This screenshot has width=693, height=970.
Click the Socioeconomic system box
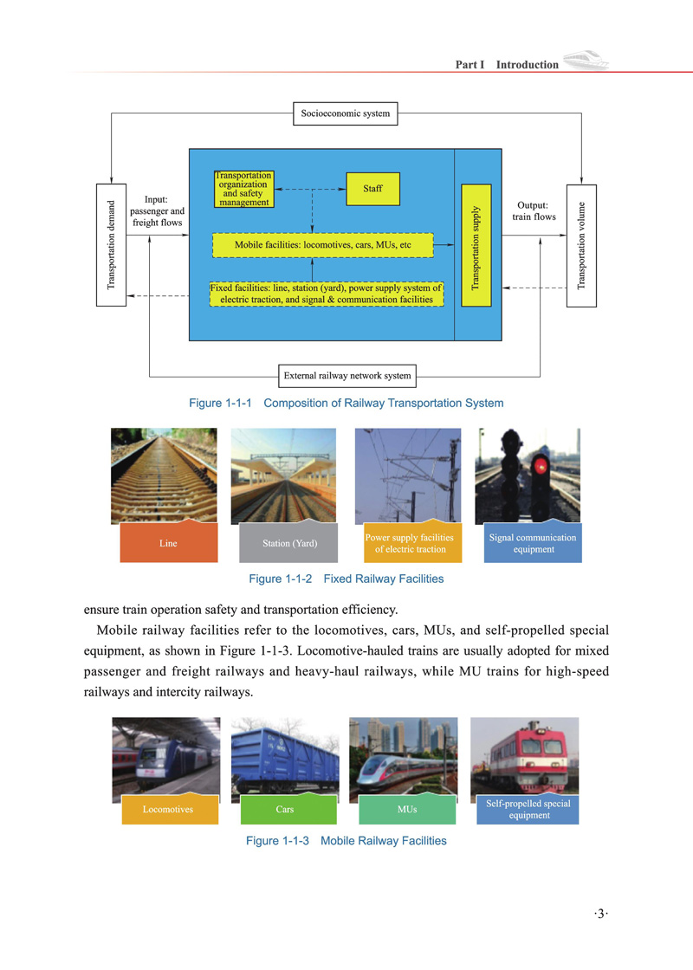[345, 113]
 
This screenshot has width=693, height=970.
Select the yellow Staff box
[372, 189]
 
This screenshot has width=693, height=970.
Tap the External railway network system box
[347, 376]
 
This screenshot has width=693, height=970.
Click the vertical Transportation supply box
[476, 245]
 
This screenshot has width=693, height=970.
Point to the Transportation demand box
[111, 245]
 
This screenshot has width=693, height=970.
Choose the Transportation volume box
[582, 245]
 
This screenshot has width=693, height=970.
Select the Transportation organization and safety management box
[243, 189]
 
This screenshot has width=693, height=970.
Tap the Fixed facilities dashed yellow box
[327, 294]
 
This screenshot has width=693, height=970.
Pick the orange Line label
[168, 544]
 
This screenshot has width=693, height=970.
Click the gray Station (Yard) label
[289, 544]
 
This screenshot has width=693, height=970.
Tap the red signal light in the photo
[542, 466]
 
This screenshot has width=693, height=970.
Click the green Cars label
[284, 809]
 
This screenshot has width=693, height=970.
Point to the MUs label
[406, 809]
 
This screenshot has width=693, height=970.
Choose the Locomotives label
[168, 809]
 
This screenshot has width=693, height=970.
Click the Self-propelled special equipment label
[528, 809]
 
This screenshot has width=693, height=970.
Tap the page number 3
[602, 911]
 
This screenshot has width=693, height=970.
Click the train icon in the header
[586, 61]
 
